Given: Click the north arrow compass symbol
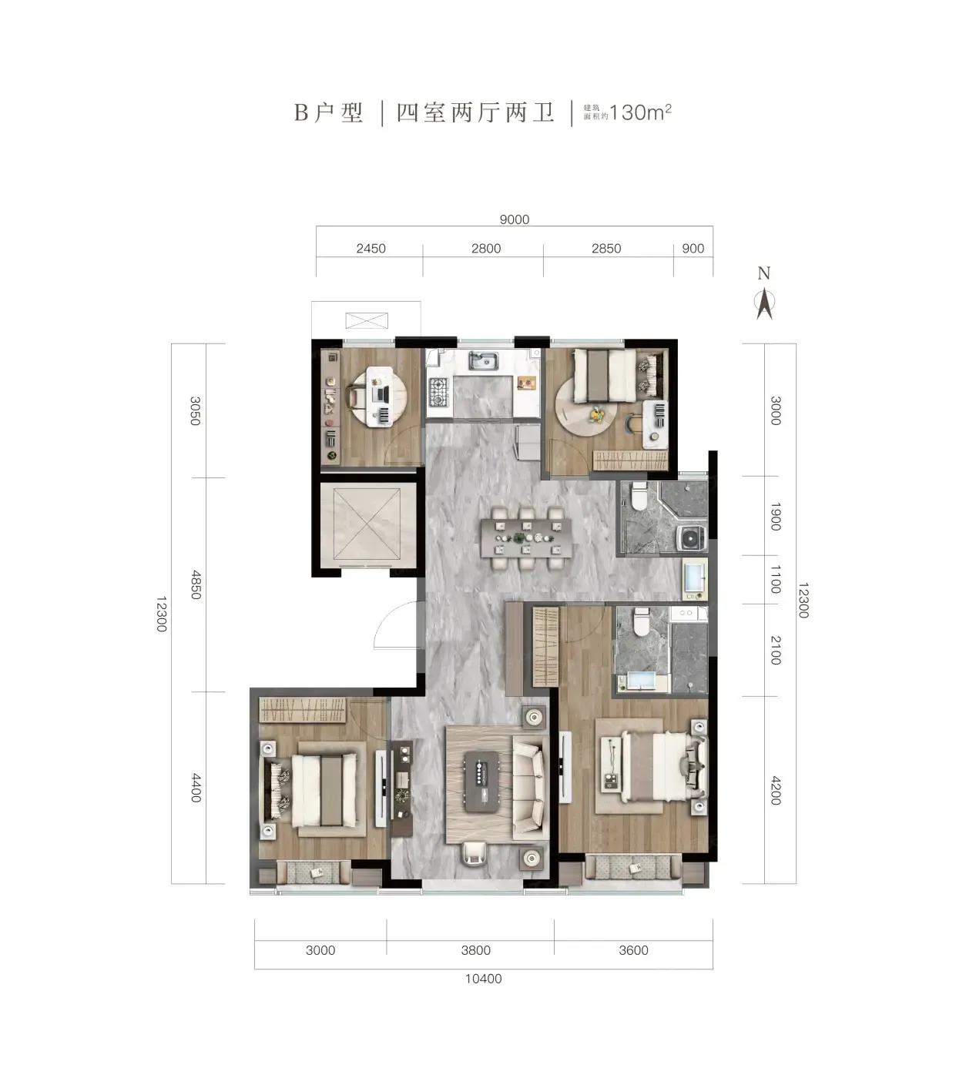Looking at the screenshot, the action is click(x=764, y=303).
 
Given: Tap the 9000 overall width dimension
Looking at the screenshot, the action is click(x=514, y=219).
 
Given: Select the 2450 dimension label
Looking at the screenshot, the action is click(x=371, y=249).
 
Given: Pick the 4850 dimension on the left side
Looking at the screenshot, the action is click(x=196, y=584).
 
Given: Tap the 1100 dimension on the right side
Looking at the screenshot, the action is click(x=776, y=579).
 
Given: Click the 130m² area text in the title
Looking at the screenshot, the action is click(x=640, y=112).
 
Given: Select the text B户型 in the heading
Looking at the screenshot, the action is click(x=328, y=112).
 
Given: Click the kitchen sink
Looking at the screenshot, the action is click(x=483, y=361).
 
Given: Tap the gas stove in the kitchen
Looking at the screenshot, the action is click(x=439, y=392).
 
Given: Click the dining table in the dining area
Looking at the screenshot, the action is click(x=526, y=537).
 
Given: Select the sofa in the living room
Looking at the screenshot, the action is click(x=528, y=788).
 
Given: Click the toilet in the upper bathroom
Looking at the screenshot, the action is click(x=637, y=497).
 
